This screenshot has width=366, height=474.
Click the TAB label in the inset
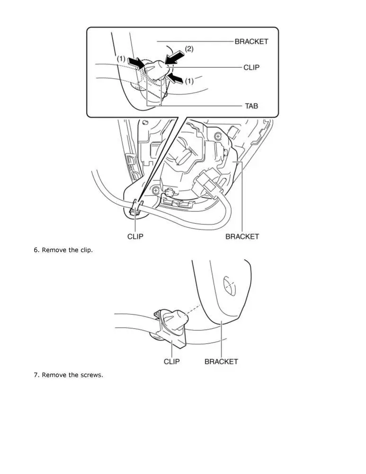coord(251,106)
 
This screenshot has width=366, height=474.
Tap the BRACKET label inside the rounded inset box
coord(251,41)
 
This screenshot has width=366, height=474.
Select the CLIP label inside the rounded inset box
coord(251,67)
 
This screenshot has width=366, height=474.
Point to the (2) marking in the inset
coord(189,49)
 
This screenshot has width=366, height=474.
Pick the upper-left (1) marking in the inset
coord(121,58)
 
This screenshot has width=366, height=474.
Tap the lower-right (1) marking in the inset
coord(189,81)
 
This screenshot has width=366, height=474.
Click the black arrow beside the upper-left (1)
coord(136,63)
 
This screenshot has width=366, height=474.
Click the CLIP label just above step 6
coord(135,237)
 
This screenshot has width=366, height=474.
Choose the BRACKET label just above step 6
coord(242,237)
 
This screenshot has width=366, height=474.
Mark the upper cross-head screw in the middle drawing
coord(218,137)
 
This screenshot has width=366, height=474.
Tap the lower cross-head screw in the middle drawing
coord(156,191)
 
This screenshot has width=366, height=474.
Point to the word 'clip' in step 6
coord(86,250)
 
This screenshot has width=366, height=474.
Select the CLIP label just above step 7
coord(171,362)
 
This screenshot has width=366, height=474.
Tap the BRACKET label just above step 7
coord(221,362)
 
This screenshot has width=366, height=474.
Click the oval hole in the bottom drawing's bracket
coord(229,285)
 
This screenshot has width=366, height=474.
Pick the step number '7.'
coord(36,375)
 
